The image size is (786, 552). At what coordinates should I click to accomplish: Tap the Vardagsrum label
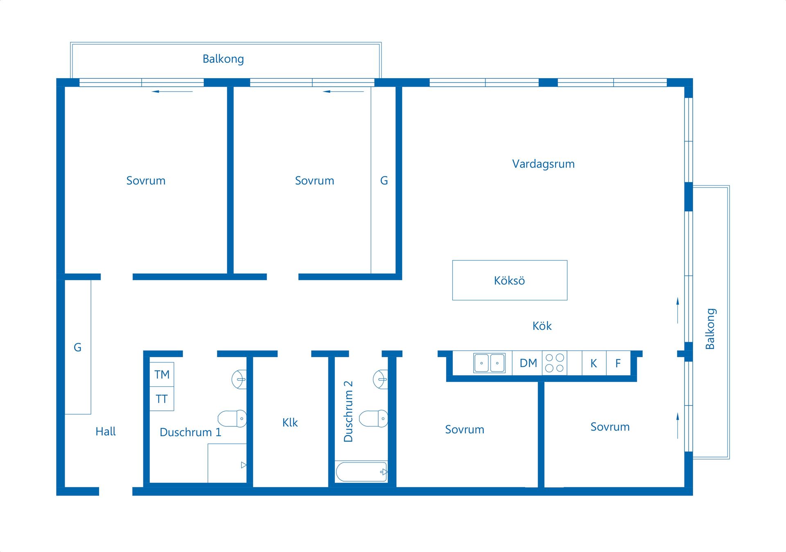[543, 164]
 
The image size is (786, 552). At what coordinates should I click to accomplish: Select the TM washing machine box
[162, 374]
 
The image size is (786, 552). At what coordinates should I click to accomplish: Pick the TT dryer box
[162, 399]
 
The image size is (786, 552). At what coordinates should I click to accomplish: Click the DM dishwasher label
[528, 363]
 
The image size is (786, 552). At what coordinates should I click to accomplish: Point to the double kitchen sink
[489, 363]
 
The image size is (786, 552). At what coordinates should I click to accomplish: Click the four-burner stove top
[555, 363]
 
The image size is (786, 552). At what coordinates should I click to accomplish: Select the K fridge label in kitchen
[594, 363]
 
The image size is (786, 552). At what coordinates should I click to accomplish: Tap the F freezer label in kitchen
[618, 363]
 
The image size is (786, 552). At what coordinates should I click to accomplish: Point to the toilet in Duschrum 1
[232, 419]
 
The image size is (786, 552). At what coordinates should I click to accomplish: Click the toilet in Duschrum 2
[373, 419]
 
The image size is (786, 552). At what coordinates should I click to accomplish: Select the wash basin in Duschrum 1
[239, 379]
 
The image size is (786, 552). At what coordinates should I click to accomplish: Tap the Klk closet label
[290, 422]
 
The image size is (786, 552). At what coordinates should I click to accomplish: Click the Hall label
[106, 431]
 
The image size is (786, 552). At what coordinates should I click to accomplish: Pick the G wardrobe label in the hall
[77, 347]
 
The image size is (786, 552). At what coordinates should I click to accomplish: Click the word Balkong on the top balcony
[223, 59]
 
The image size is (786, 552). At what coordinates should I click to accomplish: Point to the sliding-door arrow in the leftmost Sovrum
[172, 91]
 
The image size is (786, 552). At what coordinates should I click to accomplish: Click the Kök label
[542, 326]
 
